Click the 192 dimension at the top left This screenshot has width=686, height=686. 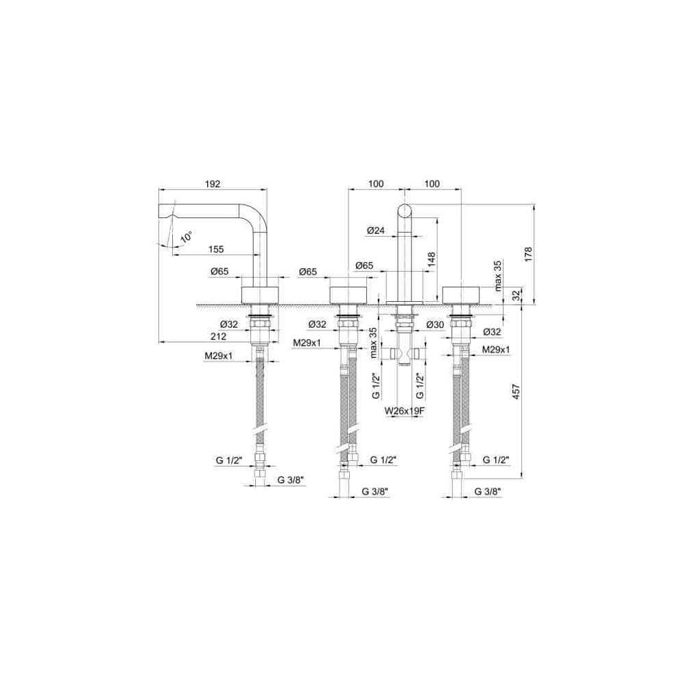pyautogui.click(x=213, y=184)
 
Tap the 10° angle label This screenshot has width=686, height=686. pyautogui.click(x=187, y=237)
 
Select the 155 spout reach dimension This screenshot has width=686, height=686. pyautogui.click(x=215, y=249)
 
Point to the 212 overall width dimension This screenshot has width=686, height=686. pyautogui.click(x=218, y=336)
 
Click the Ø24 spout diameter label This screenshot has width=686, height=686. pyautogui.click(x=376, y=230)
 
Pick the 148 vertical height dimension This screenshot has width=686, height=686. pyautogui.click(x=431, y=261)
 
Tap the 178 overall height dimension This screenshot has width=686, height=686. pyautogui.click(x=528, y=255)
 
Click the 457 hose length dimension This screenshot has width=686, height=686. pyautogui.click(x=517, y=392)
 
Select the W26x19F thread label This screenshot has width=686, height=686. pyautogui.click(x=405, y=411)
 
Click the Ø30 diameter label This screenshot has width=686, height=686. pyautogui.click(x=435, y=324)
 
